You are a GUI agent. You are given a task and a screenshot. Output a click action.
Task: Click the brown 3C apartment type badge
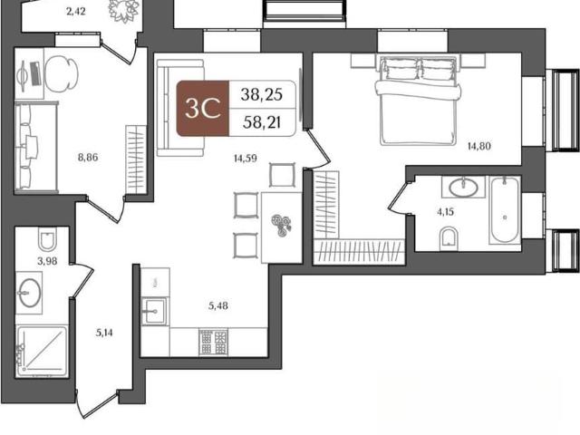point(203,108)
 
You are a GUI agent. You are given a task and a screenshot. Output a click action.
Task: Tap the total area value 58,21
point(262,122)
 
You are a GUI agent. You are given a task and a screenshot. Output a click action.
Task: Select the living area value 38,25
point(262,94)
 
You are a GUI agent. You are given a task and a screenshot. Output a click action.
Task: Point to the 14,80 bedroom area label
point(479,146)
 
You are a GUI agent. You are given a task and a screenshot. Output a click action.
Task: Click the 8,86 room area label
point(88,158)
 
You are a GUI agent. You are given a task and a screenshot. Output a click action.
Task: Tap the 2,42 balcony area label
point(76,12)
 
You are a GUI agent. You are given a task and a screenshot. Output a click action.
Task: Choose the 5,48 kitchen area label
point(217,306)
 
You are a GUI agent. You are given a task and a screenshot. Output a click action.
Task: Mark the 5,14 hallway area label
point(104,333)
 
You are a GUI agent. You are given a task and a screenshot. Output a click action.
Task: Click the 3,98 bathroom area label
point(47,261)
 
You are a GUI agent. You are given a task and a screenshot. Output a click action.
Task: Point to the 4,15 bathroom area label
point(445,212)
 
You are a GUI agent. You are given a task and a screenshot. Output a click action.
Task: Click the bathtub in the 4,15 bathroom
point(505,210)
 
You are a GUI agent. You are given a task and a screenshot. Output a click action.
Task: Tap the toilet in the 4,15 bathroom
point(449,237)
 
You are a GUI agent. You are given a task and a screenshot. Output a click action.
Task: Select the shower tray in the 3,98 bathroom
point(42,352)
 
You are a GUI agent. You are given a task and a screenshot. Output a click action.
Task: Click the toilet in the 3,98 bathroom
point(47,238)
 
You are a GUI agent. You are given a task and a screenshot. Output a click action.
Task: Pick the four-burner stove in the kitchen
point(214,343)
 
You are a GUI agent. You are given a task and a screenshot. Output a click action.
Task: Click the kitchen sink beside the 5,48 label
point(154,311)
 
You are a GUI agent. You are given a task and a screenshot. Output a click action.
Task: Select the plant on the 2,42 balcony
point(123,10)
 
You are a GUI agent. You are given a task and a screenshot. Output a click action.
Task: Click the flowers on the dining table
point(281,224)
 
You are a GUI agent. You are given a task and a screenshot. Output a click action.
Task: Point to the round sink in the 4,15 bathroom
point(463,187)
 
